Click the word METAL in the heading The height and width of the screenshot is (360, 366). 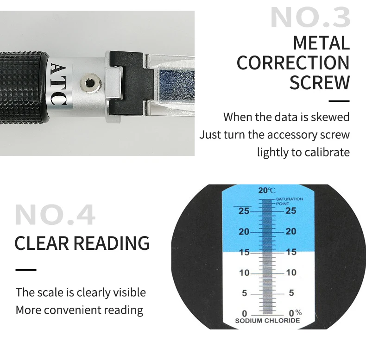321,43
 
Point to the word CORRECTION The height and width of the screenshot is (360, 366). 293,63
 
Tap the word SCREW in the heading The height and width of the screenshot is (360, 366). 319,83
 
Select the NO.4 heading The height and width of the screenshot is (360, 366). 55,215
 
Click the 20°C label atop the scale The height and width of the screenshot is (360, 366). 267,190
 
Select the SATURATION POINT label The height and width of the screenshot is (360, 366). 289,201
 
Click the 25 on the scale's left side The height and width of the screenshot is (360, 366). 244,211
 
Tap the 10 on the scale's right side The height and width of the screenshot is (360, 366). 291,273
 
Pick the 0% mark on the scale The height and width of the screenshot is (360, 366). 294,313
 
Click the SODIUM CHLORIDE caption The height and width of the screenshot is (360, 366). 267,321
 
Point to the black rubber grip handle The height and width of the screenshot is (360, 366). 23,83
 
